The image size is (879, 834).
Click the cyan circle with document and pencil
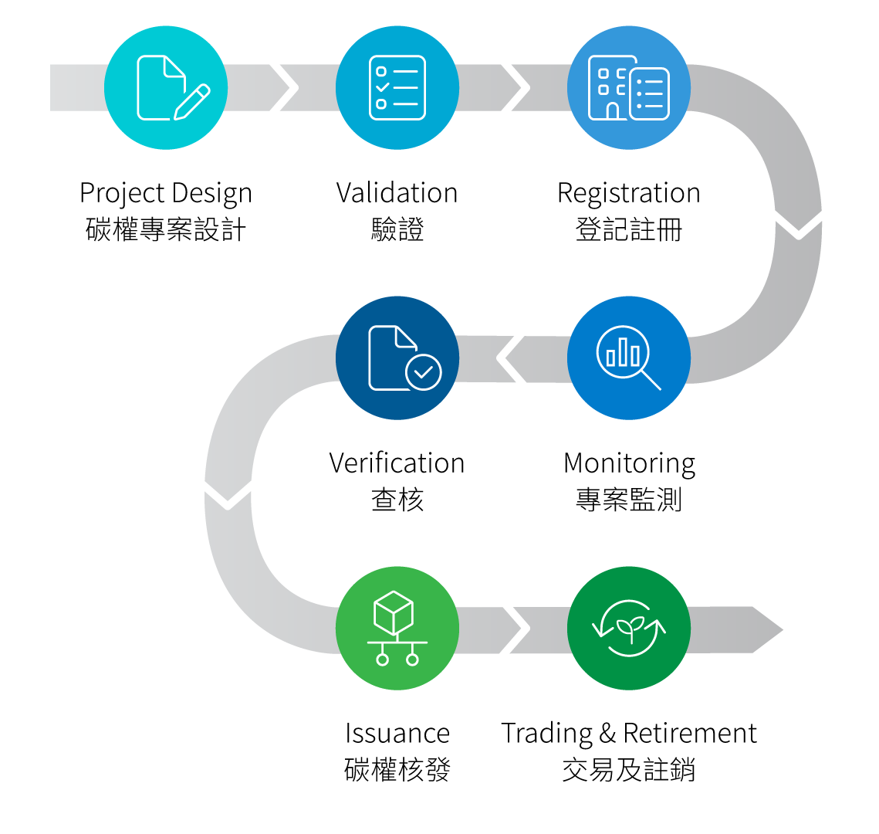(166, 87)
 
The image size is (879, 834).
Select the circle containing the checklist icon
(397, 87)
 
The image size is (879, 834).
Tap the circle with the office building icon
(629, 87)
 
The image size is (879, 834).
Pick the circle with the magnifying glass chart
(629, 358)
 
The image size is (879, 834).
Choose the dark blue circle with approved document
(397, 358)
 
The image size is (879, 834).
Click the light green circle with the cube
(397, 628)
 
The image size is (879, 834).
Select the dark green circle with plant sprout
(629, 628)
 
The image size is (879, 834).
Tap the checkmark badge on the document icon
(424, 372)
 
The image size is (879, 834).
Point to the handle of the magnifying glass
(651, 380)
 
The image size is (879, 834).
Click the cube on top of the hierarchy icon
(394, 612)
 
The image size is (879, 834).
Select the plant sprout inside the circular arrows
(630, 628)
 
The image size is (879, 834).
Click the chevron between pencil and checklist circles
(282, 87)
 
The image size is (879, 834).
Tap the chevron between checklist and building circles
(514, 87)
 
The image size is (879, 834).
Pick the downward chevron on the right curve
(799, 222)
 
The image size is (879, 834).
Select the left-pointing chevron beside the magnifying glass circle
(512, 358)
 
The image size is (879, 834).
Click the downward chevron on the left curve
(228, 493)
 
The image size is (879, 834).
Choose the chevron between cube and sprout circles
(514, 628)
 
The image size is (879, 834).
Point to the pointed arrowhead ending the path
(768, 629)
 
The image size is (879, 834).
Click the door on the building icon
(613, 111)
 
